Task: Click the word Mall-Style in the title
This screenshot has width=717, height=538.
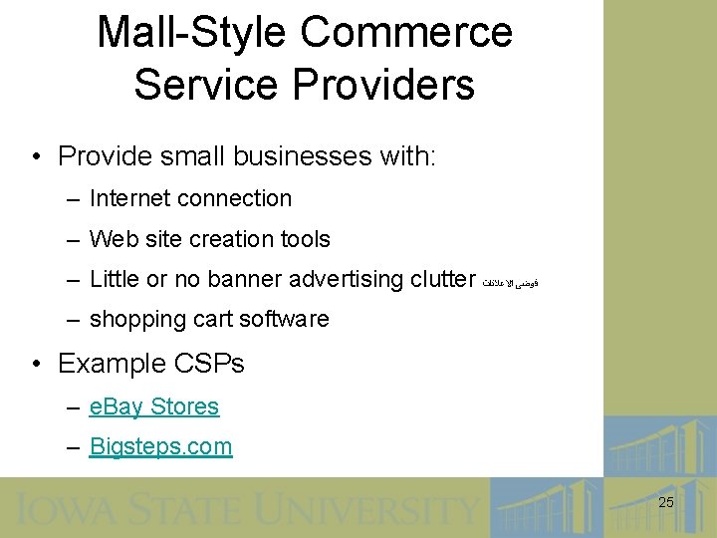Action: (189, 32)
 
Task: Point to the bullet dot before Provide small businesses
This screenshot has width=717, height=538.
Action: (36, 157)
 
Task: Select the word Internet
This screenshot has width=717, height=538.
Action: (128, 198)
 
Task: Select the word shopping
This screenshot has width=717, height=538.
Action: (133, 320)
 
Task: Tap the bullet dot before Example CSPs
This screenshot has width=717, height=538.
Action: (36, 365)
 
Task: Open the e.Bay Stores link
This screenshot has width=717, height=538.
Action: (154, 406)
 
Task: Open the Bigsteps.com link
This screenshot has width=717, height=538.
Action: (160, 446)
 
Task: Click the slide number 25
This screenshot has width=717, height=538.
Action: (666, 503)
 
